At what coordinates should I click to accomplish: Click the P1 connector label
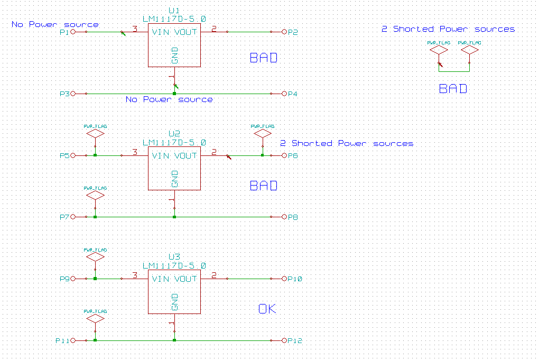(64, 32)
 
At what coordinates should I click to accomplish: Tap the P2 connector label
(293, 32)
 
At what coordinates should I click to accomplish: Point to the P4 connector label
(293, 94)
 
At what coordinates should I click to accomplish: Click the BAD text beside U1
(263, 58)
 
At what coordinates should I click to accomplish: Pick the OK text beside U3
(267, 309)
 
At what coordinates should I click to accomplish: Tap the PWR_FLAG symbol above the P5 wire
(95, 134)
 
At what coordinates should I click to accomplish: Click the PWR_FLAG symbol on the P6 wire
(263, 134)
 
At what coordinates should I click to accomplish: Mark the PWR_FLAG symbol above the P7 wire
(95, 195)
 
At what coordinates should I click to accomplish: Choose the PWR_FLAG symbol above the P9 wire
(95, 257)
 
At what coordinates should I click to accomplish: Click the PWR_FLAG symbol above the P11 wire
(95, 319)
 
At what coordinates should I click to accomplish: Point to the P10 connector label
(295, 279)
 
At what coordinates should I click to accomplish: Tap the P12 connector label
(295, 341)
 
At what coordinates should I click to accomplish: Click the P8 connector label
(293, 217)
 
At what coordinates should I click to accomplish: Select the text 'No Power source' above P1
(55, 24)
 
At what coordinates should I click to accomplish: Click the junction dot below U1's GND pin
(174, 94)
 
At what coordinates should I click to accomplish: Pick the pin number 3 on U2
(135, 152)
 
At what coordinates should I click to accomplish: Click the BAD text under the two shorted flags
(453, 89)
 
